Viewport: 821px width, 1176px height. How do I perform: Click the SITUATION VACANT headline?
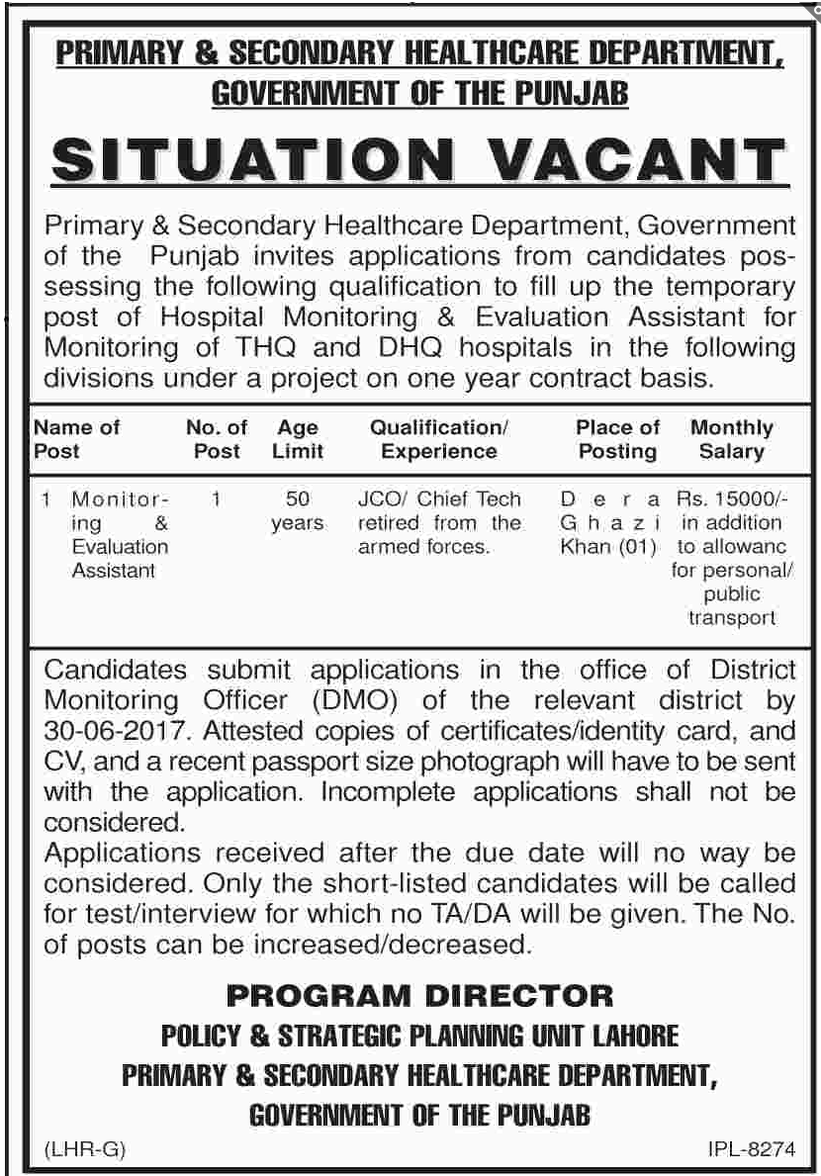click(x=414, y=160)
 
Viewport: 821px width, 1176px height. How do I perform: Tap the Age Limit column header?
click(x=298, y=439)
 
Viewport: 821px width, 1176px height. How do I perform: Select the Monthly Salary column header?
click(x=731, y=439)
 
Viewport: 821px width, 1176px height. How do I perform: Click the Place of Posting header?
click(x=617, y=439)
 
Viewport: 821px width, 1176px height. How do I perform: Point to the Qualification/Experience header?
click(x=438, y=439)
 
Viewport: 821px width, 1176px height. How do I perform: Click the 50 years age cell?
click(x=298, y=510)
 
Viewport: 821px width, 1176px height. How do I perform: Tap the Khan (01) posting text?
click(x=608, y=546)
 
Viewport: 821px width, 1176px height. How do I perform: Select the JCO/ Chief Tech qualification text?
click(x=438, y=498)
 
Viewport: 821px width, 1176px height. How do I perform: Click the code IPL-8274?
click(x=751, y=1150)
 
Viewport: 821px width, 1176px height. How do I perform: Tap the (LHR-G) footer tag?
click(x=85, y=1150)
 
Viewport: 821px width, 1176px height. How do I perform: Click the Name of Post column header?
click(x=76, y=439)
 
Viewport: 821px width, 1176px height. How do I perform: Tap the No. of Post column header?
click(x=217, y=439)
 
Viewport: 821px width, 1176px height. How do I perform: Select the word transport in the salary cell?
click(x=733, y=617)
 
